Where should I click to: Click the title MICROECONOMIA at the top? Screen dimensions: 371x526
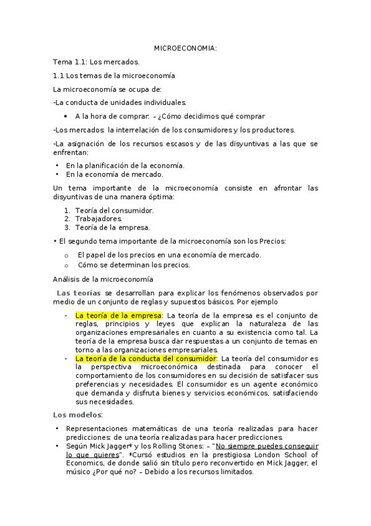tap(185, 48)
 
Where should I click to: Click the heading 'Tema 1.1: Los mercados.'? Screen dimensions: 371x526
tap(96, 62)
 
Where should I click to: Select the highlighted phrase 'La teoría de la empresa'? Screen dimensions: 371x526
tap(118, 315)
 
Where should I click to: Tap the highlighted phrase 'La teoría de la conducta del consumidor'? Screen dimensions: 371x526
tap(146, 359)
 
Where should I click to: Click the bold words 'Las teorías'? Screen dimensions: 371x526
tap(79, 293)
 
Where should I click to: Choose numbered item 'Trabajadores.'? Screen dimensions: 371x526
tap(99, 218)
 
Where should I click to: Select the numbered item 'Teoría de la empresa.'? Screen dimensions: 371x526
tap(112, 227)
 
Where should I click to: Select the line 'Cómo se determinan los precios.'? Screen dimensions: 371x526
tap(134, 265)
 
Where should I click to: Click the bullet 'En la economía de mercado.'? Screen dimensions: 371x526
tap(115, 174)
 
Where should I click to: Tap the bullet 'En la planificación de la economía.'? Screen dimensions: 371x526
tap(125, 166)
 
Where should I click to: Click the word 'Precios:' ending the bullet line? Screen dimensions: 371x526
tap(272, 241)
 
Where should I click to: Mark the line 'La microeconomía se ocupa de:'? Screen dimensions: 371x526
tap(107, 89)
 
